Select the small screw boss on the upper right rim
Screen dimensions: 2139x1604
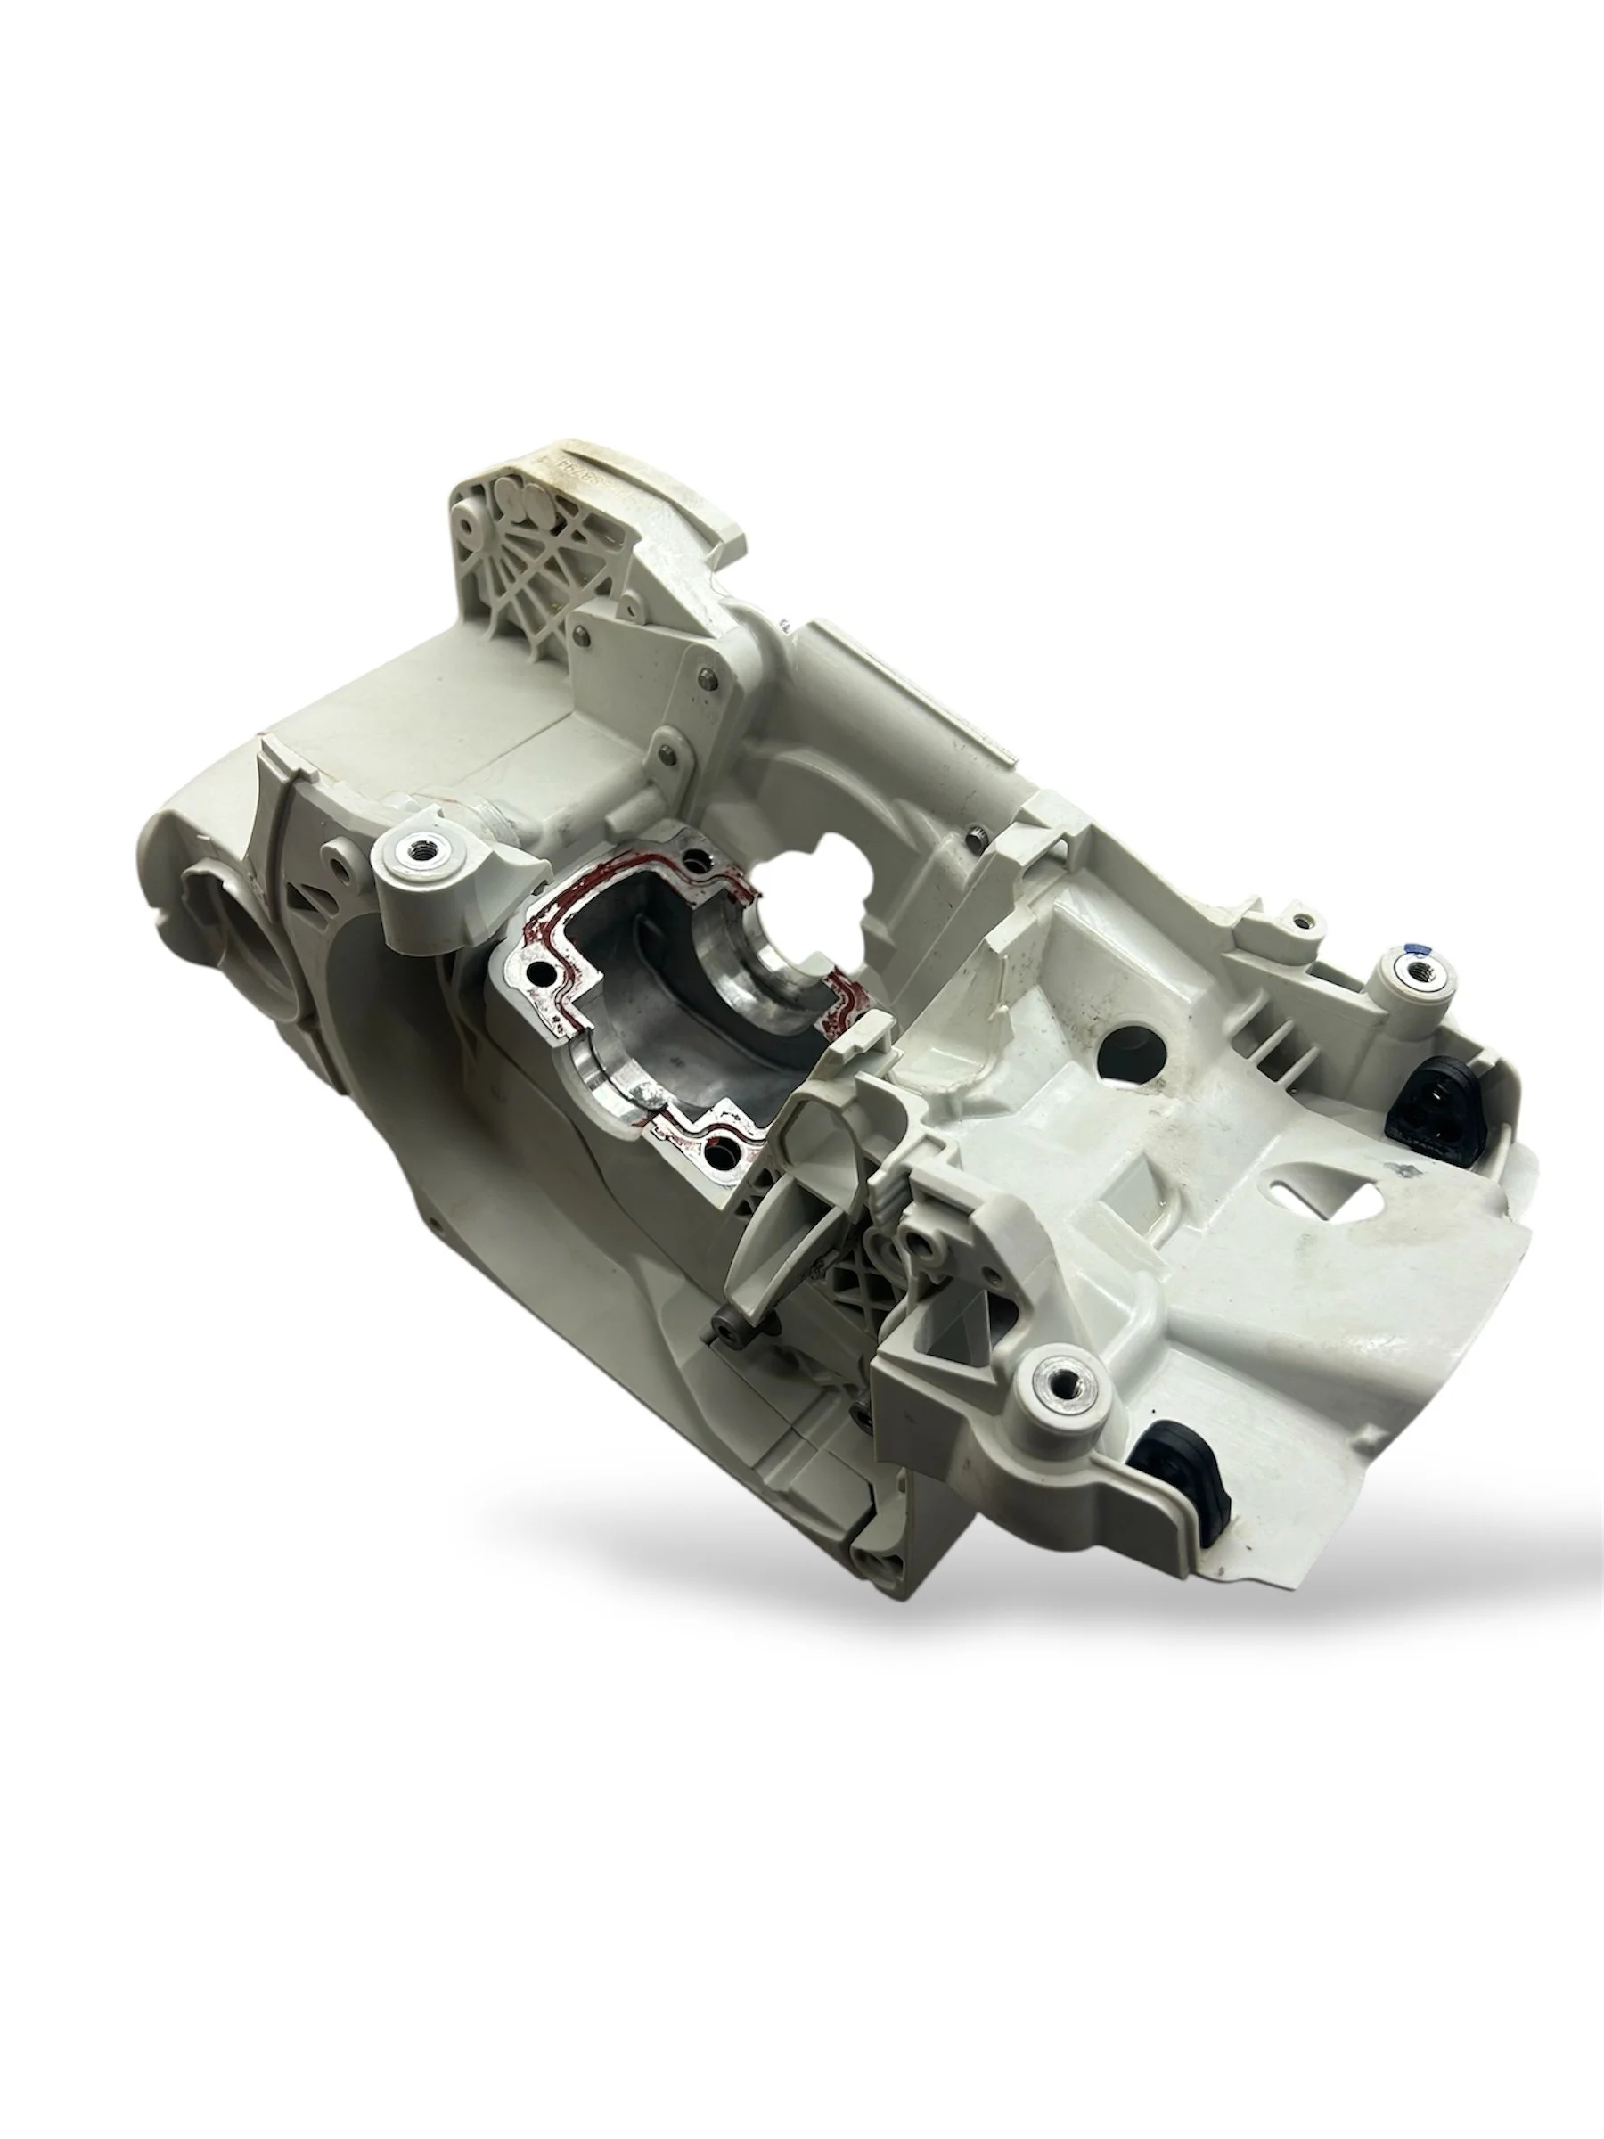(x=1305, y=914)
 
